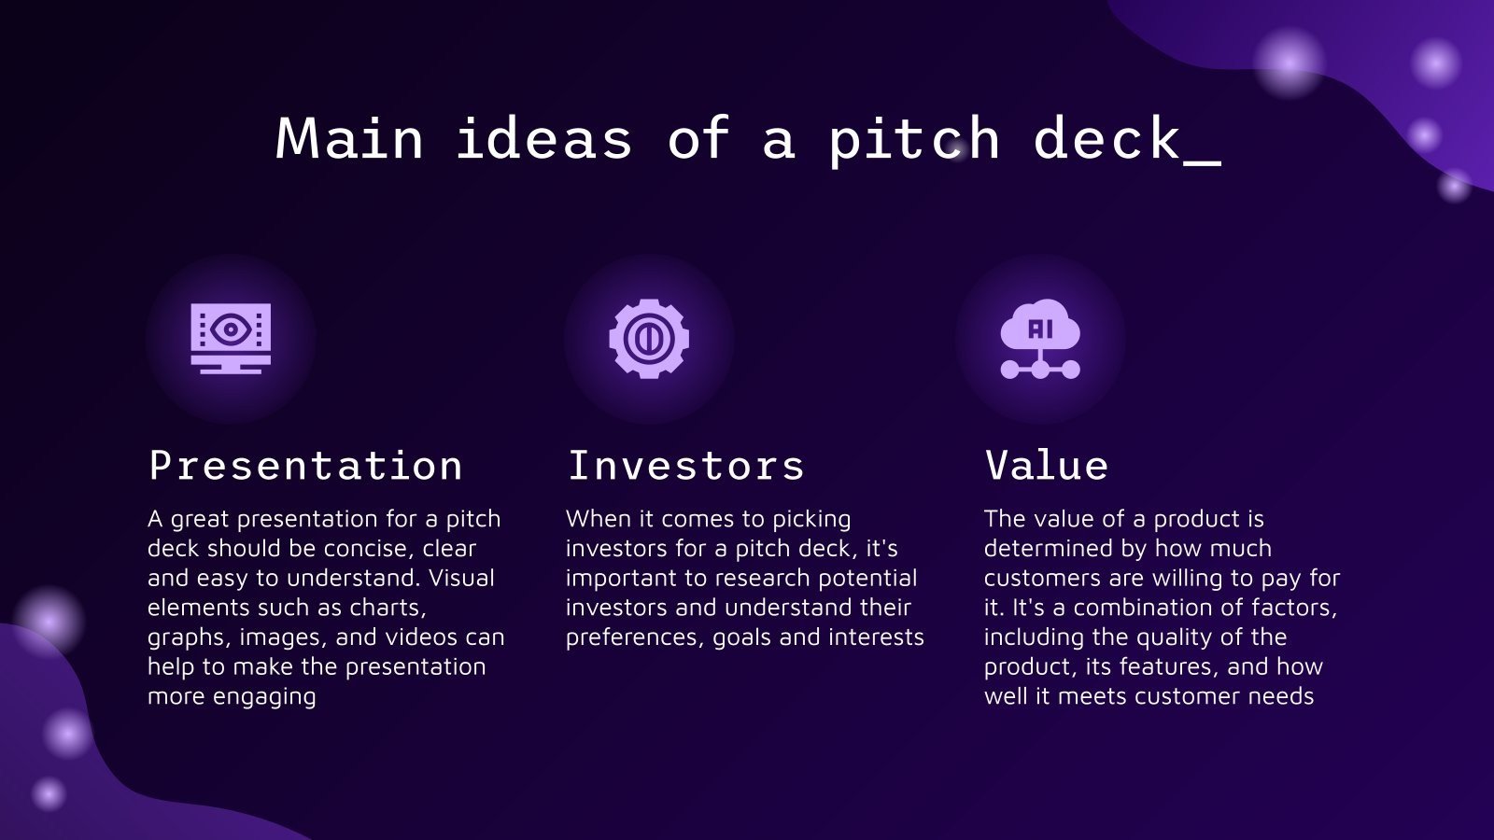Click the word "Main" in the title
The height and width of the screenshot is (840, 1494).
click(x=349, y=139)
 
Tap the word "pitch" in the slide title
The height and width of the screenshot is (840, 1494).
click(x=913, y=139)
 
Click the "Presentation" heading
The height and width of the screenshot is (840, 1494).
click(x=305, y=466)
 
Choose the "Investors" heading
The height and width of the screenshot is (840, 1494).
click(x=685, y=466)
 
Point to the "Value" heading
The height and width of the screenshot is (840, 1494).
click(x=1046, y=466)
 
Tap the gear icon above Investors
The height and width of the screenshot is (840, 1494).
click(x=649, y=338)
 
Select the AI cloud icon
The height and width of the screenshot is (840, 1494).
click(x=1040, y=338)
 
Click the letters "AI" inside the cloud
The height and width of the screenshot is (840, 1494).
click(x=1040, y=329)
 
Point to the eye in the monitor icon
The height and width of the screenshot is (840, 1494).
click(x=230, y=329)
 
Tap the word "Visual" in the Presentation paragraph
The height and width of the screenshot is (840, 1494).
click(x=461, y=579)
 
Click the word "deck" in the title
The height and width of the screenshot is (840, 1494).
click(x=1106, y=139)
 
